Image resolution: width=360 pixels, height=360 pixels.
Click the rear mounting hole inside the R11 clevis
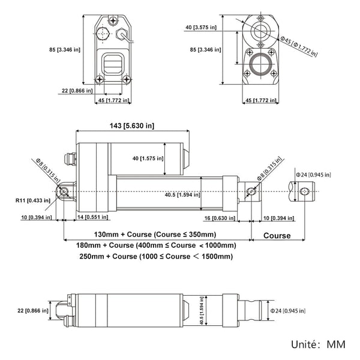click(64, 191)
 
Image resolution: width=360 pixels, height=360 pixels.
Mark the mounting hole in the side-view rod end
click(253, 191)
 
